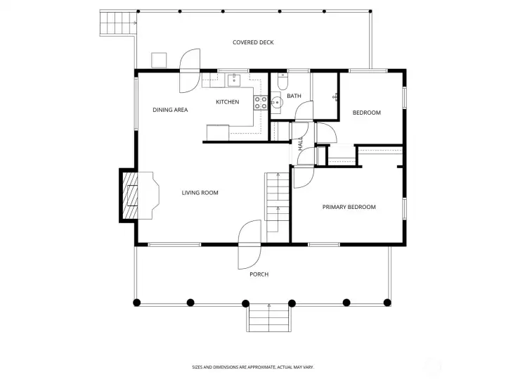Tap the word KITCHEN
[x=227, y=102]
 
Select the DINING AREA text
[x=170, y=110]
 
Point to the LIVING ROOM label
[x=200, y=193]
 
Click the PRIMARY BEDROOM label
[x=349, y=207]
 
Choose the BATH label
[x=294, y=96]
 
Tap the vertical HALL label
[x=301, y=144]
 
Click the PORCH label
[x=259, y=274]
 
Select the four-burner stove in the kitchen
[x=260, y=103]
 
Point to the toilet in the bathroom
[x=283, y=82]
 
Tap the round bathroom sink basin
[x=276, y=103]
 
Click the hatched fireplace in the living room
[x=131, y=195]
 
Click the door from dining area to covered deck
[x=189, y=71]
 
